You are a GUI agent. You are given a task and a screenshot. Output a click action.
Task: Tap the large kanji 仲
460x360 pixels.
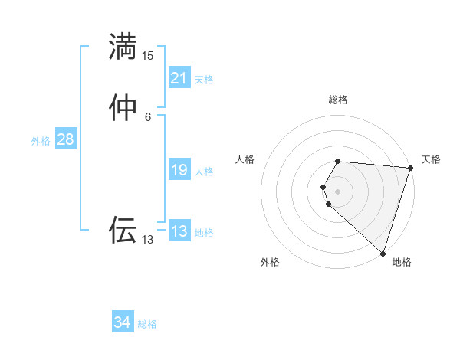coord(123,108)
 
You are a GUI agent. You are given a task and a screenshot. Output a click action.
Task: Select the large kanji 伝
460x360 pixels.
coord(123,229)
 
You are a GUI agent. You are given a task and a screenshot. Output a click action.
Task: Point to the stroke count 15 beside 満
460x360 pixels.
coord(148,56)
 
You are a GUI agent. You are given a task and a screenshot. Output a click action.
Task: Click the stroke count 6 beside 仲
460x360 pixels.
coord(148,116)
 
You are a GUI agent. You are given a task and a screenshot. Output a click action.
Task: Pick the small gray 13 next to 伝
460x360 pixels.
coord(148,240)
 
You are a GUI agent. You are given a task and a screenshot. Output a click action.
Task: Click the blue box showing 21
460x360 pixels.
coord(179,78)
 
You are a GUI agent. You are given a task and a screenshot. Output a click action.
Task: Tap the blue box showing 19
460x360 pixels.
coord(179,170)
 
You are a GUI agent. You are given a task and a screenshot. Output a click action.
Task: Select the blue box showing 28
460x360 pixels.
coord(65,139)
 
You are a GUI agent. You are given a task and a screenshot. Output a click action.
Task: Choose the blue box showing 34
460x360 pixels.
coord(123,322)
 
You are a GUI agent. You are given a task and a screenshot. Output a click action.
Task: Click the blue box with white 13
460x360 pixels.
coord(179,231)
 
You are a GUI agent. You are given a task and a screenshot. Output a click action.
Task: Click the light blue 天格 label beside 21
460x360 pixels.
coord(204,80)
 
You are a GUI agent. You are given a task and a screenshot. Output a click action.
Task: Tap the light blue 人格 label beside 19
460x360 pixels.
coord(204,172)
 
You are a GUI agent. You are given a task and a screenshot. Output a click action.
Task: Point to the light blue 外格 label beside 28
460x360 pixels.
coord(41,141)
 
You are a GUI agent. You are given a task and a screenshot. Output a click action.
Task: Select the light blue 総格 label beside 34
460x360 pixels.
coord(147,324)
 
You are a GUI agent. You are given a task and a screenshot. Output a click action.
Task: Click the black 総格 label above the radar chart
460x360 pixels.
coord(338,100)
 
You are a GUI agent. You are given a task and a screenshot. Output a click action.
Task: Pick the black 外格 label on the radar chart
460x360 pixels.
coord(270,262)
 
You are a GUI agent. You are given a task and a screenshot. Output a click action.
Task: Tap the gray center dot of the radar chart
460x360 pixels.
coord(338,191)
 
